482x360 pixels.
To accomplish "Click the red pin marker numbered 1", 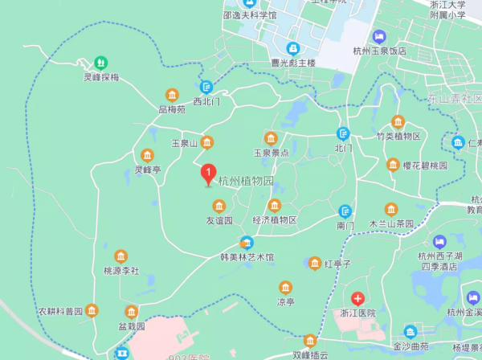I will tap(208, 173).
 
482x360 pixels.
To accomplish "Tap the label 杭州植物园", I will tap(246, 181).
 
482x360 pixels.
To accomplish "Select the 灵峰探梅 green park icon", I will tap(101, 62).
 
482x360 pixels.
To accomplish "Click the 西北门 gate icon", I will tap(206, 87).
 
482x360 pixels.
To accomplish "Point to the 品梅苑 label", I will tap(172, 108).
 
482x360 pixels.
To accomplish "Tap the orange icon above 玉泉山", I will tap(207, 142).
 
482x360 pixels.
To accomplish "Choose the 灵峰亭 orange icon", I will tap(147, 155).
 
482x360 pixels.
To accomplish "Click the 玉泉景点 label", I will tap(272, 152).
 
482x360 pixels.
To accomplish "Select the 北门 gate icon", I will tap(344, 133).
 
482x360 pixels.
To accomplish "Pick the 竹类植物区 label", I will tap(398, 136).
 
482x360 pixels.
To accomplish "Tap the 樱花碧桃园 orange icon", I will tap(393, 165).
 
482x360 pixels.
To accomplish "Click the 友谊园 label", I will tap(219, 220).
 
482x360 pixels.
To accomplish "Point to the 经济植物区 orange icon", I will tap(275, 206).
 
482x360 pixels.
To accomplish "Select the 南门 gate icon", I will tap(345, 212).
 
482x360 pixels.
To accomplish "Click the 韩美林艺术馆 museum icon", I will tap(247, 243).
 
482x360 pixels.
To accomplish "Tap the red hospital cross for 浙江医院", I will tap(358, 298).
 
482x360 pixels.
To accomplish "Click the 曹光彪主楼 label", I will tap(293, 63).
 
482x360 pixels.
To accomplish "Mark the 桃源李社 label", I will tap(121, 271).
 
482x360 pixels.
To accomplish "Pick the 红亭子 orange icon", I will tap(315, 264).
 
